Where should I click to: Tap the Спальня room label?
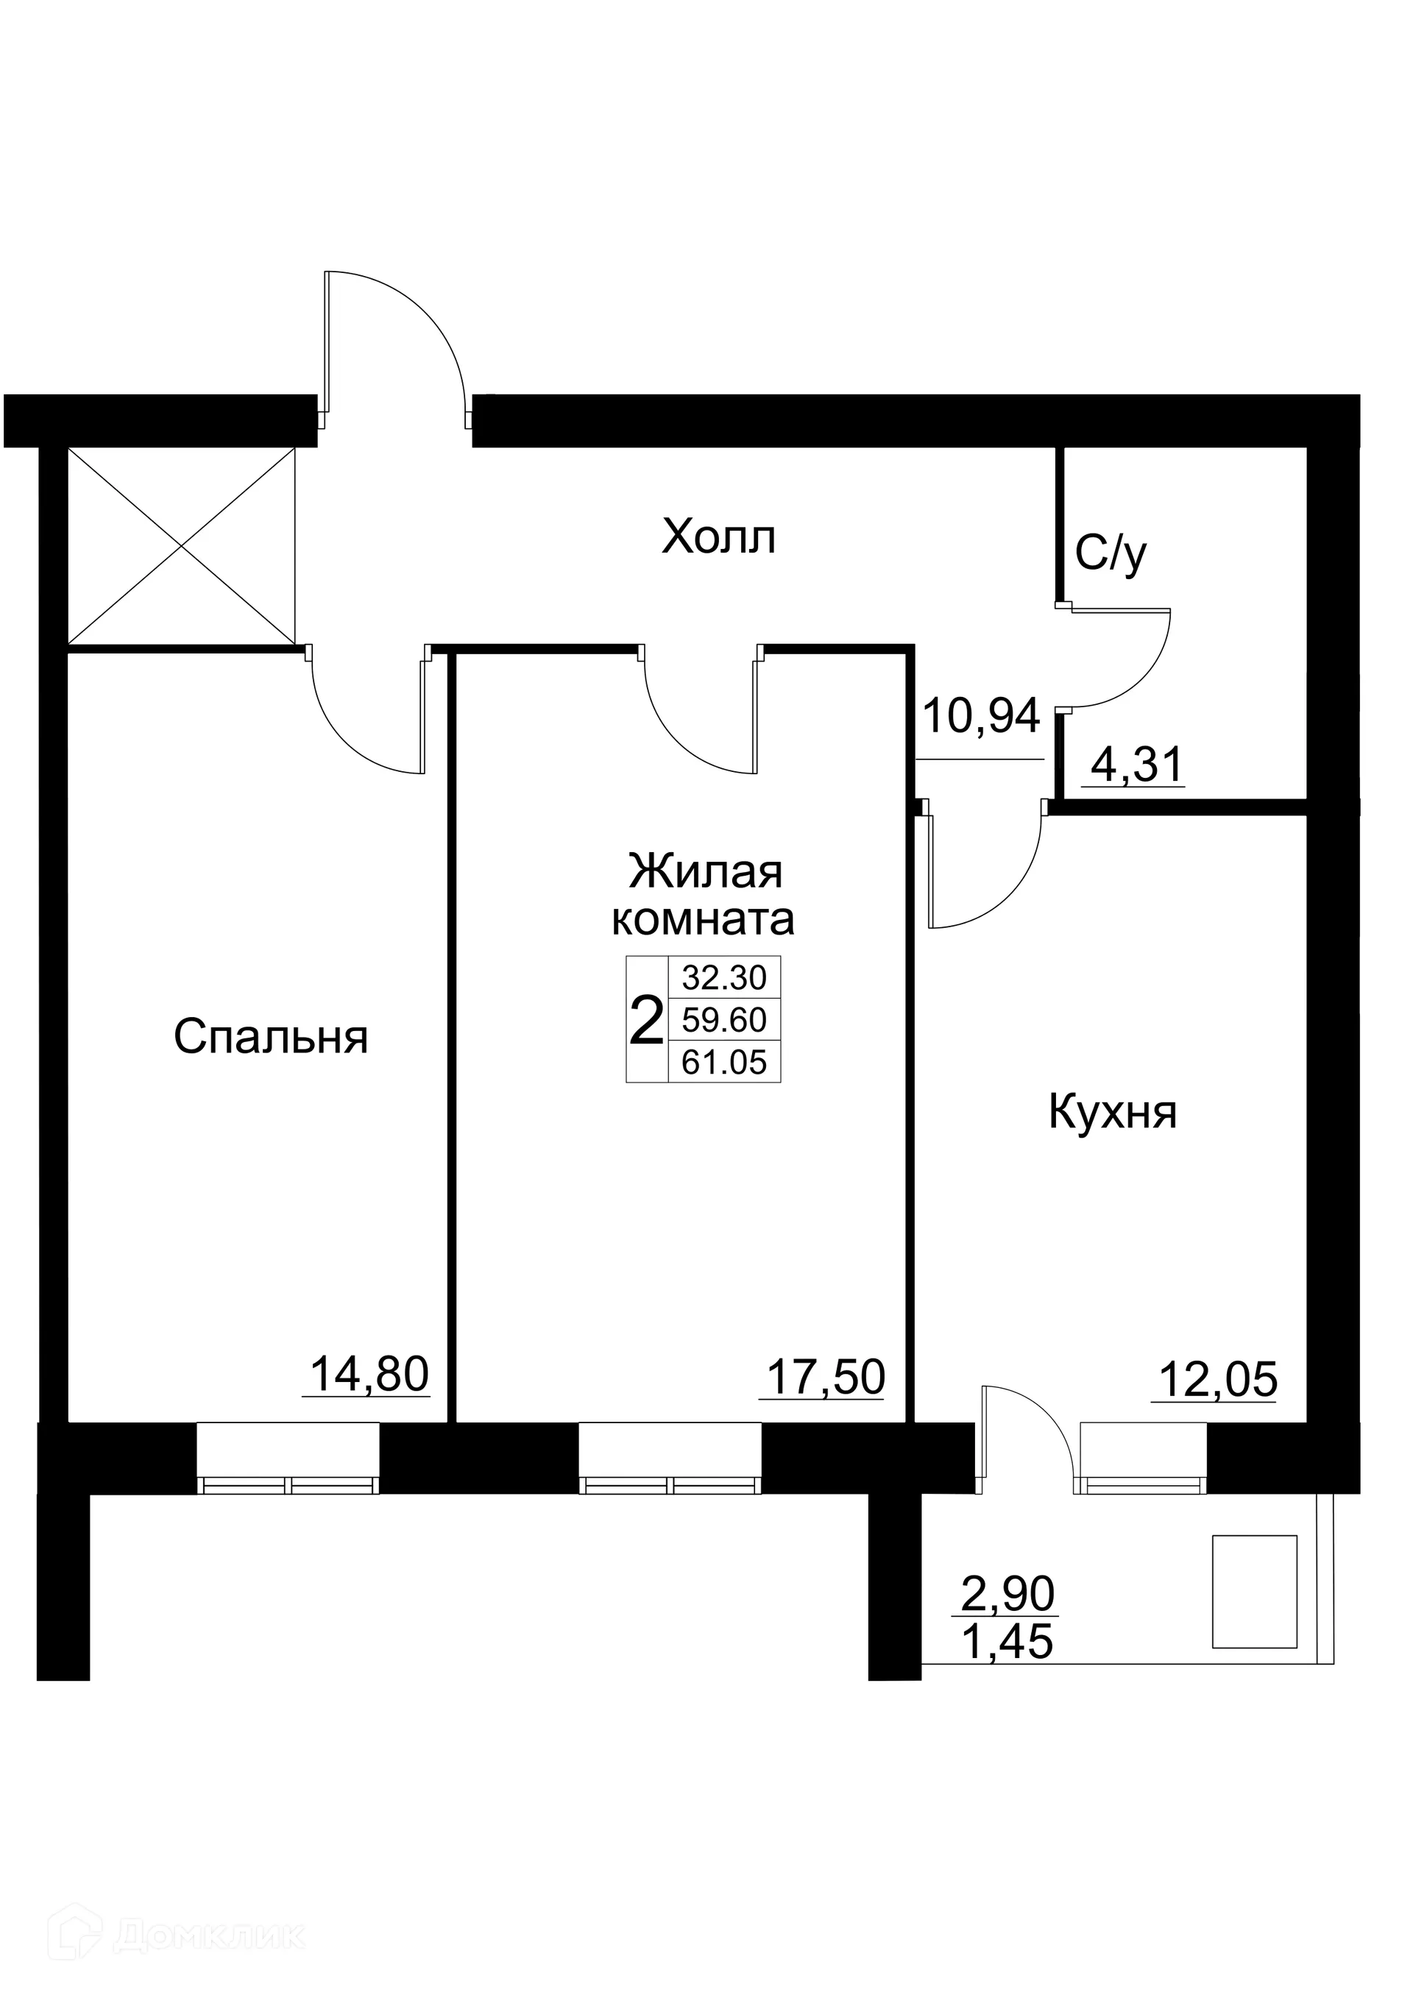[x=271, y=1036]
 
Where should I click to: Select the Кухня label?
[x=1113, y=1112]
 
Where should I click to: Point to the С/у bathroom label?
[x=1111, y=554]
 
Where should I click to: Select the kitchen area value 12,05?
[x=1217, y=1380]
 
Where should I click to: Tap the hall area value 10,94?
[x=980, y=716]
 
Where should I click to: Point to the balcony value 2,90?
[x=1007, y=1594]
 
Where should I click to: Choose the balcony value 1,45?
[x=1007, y=1642]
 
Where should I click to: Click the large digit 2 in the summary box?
[x=645, y=1021]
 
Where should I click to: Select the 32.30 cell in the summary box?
[x=724, y=978]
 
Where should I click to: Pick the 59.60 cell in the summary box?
[x=724, y=1020]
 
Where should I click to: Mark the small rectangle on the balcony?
[x=1255, y=1592]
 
